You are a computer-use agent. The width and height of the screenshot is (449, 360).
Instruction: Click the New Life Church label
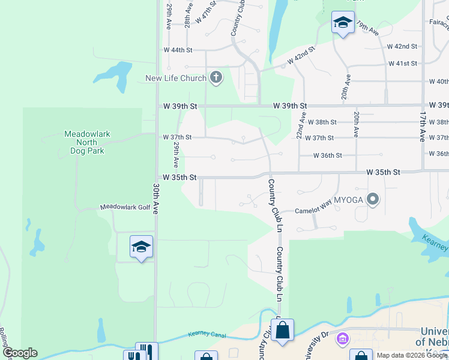(176, 79)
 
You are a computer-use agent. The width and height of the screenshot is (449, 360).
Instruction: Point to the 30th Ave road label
(155, 199)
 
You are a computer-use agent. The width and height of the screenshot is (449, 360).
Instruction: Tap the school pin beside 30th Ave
(141, 247)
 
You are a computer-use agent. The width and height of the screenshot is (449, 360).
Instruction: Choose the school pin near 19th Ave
(343, 23)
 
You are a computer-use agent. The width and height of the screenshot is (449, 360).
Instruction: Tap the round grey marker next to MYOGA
(373, 199)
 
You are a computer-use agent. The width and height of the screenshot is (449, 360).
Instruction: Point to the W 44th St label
(178, 50)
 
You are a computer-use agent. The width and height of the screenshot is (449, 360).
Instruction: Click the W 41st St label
(402, 64)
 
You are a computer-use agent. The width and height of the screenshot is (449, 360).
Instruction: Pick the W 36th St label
(328, 155)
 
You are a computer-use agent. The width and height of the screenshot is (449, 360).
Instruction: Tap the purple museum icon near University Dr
(343, 339)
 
